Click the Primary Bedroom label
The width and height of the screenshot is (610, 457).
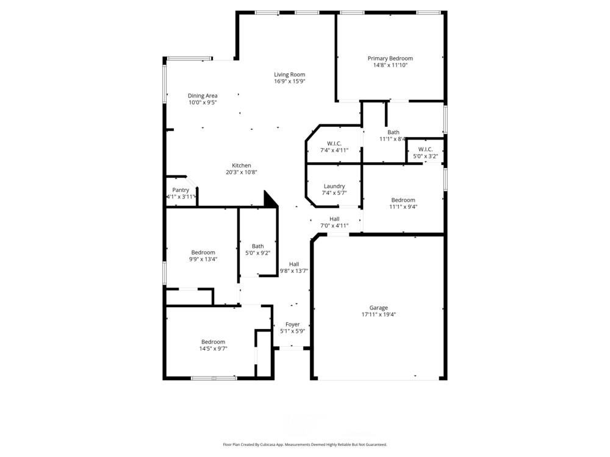click(x=390, y=58)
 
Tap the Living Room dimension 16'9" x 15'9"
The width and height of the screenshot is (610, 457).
click(x=289, y=81)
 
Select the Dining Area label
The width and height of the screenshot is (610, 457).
click(x=203, y=96)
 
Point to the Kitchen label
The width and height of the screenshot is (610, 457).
click(x=241, y=166)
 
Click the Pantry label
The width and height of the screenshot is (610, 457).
click(x=181, y=190)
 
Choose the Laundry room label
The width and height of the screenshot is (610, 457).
click(x=334, y=186)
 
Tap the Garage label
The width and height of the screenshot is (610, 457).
click(x=378, y=308)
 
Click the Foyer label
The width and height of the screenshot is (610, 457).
click(x=293, y=325)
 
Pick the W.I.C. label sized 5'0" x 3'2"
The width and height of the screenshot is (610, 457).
click(x=425, y=149)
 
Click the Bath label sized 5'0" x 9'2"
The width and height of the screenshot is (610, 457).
click(x=257, y=246)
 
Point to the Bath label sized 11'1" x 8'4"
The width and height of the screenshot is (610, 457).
click(x=393, y=132)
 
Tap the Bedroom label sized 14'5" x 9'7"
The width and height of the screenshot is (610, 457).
click(x=213, y=342)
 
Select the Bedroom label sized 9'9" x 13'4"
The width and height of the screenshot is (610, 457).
click(x=203, y=252)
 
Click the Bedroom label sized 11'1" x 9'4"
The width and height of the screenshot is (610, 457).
click(x=403, y=200)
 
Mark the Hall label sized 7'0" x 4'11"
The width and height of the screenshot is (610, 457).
click(x=334, y=219)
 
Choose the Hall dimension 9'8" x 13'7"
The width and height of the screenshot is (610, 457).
click(x=294, y=271)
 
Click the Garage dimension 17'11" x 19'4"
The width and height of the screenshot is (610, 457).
click(x=378, y=315)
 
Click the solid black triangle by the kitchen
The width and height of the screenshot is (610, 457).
click(x=269, y=199)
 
